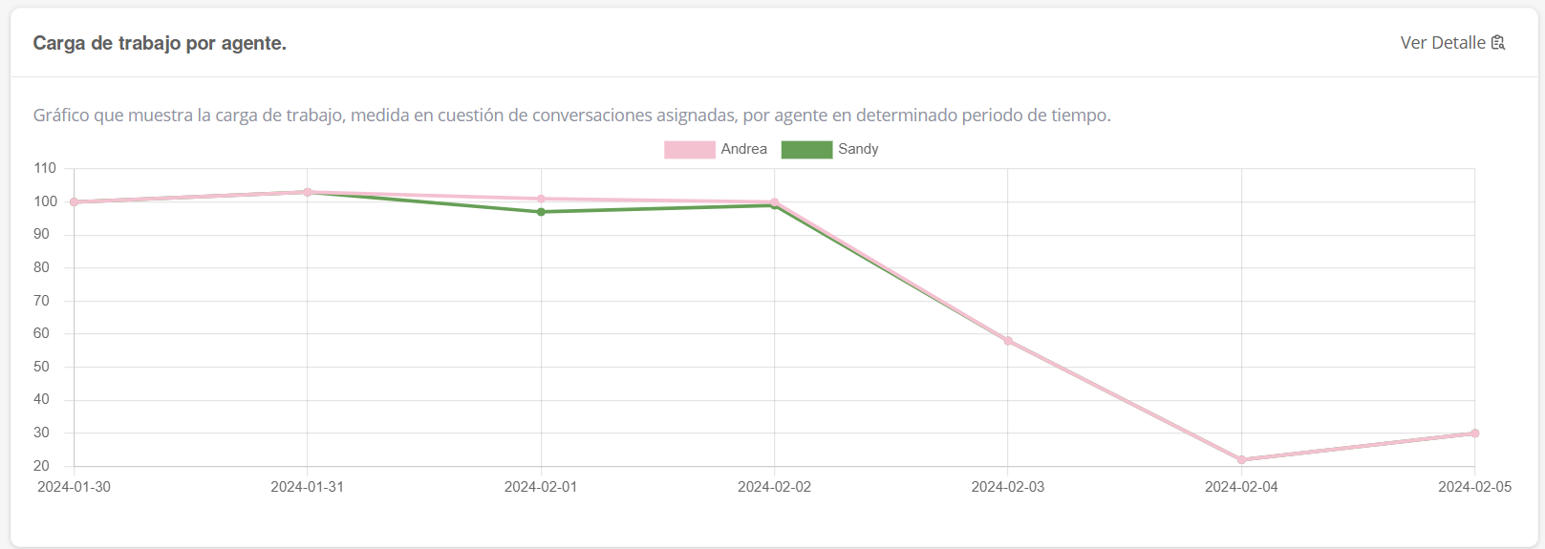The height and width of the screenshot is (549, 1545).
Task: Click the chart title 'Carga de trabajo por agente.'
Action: pos(160,43)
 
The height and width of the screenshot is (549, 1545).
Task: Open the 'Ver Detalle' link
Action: pos(1442,43)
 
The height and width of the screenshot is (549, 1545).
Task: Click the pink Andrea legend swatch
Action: pos(689,150)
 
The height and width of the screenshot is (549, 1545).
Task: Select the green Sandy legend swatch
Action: pos(806,150)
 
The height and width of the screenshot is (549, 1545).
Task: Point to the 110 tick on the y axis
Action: pos(45,168)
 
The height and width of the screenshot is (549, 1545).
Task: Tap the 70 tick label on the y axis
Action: pos(41,301)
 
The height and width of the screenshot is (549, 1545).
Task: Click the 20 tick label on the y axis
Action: pos(41,466)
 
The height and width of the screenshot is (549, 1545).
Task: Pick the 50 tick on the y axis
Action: pos(41,367)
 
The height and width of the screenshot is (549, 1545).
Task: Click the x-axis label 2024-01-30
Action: pos(74,487)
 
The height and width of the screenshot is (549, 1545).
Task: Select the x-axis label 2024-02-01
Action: pos(541,487)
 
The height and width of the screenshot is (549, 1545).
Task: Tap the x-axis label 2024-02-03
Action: pos(1008,487)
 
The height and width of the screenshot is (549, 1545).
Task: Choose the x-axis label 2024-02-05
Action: pos(1474,487)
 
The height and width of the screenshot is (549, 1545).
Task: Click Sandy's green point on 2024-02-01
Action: pos(541,212)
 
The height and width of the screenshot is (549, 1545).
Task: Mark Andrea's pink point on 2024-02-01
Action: pos(541,199)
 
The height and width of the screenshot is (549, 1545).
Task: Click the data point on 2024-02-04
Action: pos(1241,460)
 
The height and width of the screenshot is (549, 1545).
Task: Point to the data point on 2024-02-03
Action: pos(1008,341)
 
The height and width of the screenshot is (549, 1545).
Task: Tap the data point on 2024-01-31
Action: pos(308,192)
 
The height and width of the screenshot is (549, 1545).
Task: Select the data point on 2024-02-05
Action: pos(1474,433)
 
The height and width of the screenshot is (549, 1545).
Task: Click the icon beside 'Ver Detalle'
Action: pos(1498,43)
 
